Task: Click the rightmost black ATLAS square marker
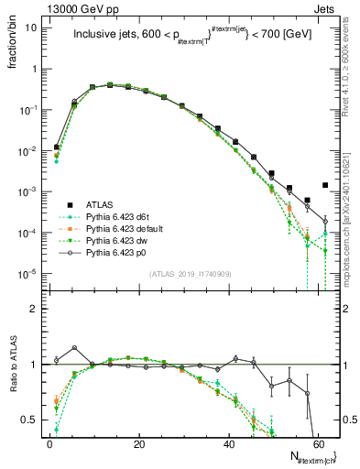tap(325, 185)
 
